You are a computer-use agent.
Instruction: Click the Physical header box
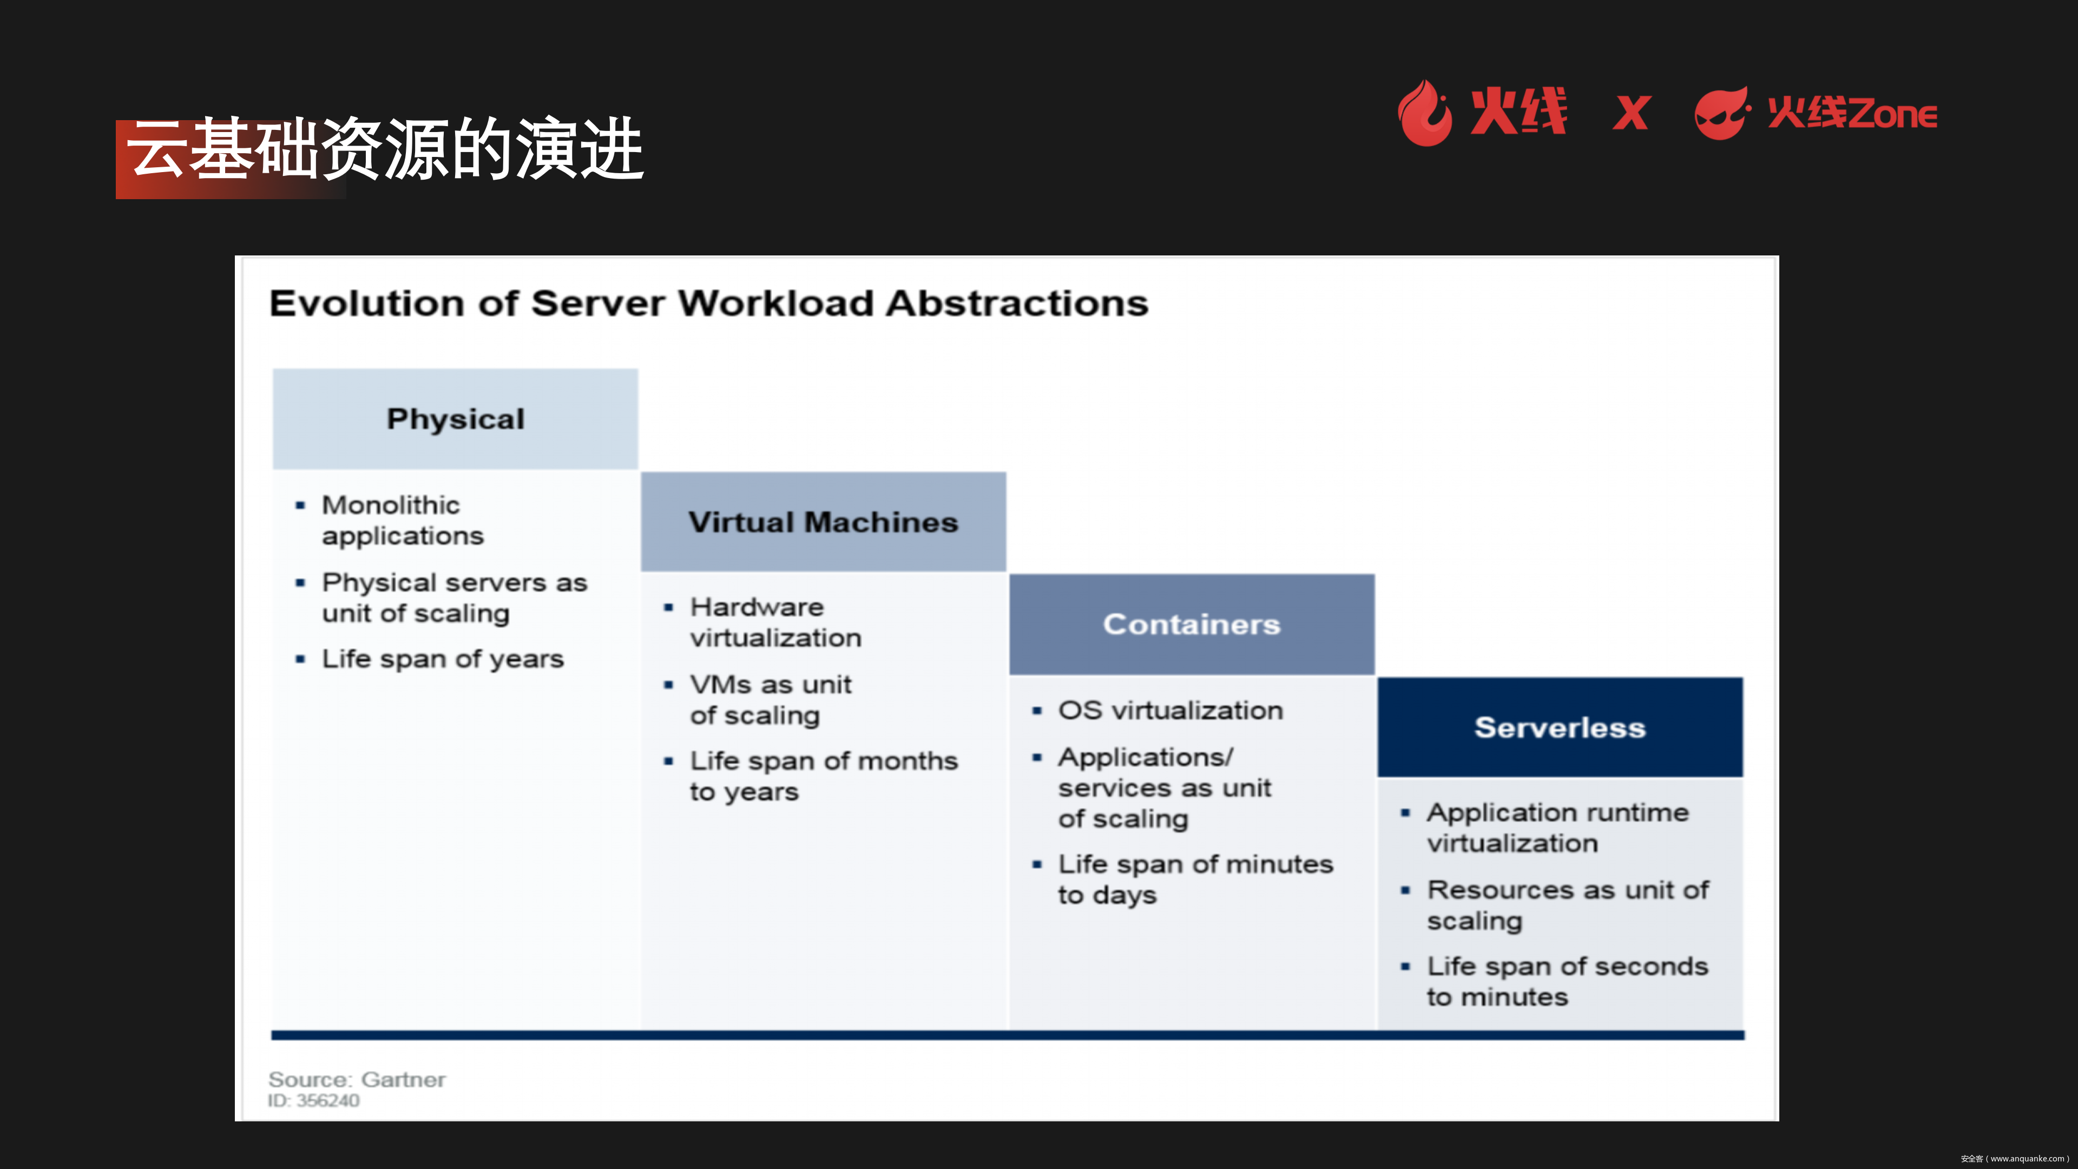coord(455,419)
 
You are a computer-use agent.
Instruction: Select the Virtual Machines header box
coord(823,522)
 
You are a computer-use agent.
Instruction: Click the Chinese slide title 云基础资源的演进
coord(385,150)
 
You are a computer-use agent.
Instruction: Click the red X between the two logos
coord(1631,114)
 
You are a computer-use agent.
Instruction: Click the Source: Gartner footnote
coord(357,1080)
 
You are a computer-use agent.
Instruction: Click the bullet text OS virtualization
coord(1169,711)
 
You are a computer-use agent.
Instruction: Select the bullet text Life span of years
coord(442,659)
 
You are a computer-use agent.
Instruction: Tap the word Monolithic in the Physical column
coord(390,505)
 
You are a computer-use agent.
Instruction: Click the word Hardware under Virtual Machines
coord(757,607)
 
